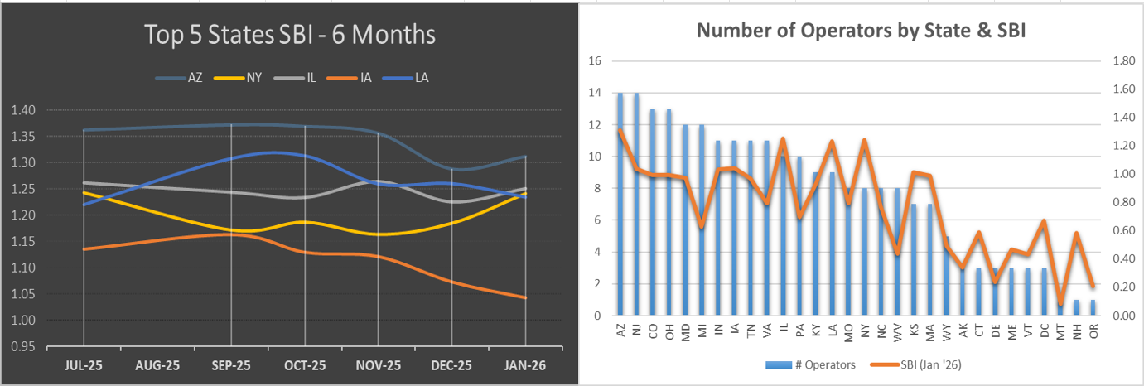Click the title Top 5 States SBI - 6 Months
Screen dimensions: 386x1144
tap(289, 36)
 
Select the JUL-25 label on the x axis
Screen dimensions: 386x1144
tap(84, 364)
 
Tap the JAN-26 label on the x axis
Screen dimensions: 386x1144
tap(526, 364)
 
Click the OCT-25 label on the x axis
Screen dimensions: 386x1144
tap(305, 364)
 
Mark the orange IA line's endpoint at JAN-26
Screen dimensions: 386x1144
tap(525, 297)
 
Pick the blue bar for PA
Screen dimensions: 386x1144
tap(799, 236)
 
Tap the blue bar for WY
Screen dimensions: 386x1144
tap(946, 276)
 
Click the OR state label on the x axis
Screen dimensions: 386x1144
tap(1093, 330)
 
